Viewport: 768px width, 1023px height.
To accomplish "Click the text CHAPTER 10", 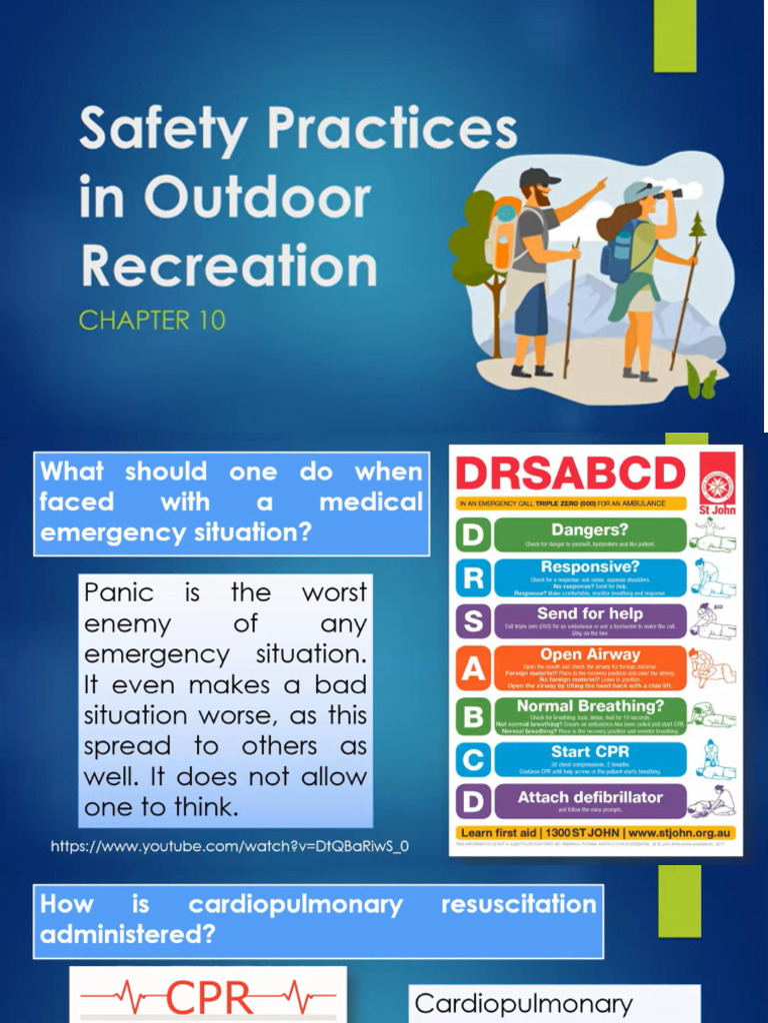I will pos(152,321).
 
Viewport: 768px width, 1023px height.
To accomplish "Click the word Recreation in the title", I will pos(229,267).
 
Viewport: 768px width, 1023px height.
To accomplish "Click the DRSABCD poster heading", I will pos(570,474).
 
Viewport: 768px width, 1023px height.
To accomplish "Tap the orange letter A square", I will pos(473,668).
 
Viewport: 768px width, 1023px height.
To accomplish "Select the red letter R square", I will pos(473,578).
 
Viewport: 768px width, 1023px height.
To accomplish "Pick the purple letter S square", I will pos(473,622).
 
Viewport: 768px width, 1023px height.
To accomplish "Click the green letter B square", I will pos(473,715).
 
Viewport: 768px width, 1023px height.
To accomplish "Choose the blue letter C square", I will pos(473,759).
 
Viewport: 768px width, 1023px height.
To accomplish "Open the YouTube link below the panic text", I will pos(230,847).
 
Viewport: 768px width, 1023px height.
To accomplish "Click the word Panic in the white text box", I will pos(119,592).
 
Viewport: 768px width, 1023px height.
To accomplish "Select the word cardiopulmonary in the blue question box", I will pos(295,905).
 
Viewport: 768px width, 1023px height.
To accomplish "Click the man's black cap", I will pos(538,177).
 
